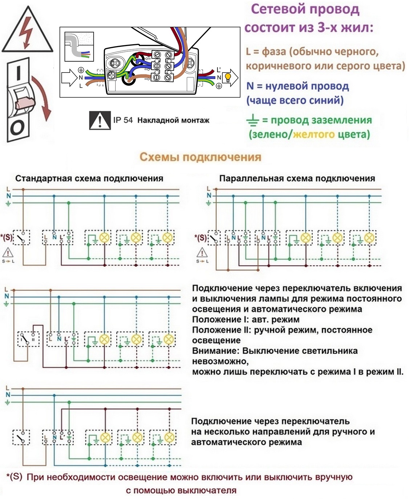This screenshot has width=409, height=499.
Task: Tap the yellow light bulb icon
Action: [227, 77]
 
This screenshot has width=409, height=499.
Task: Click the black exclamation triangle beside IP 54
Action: [100, 120]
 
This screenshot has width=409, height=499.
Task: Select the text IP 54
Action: [123, 120]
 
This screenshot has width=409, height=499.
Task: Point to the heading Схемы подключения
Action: [200, 157]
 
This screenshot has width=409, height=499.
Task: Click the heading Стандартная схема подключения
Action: [89, 178]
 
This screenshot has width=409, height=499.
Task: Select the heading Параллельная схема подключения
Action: [297, 178]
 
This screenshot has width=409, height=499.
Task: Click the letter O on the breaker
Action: [17, 128]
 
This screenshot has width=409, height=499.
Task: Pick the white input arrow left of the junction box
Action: [69, 78]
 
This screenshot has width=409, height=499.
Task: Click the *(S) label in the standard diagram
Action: [7, 237]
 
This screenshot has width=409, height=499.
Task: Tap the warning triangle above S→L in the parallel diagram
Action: [202, 252]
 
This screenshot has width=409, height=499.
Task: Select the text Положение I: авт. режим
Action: [246, 319]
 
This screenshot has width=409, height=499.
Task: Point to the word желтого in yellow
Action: [314, 135]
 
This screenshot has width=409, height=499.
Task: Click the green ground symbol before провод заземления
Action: [253, 120]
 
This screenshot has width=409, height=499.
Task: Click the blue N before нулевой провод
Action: [250, 86]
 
